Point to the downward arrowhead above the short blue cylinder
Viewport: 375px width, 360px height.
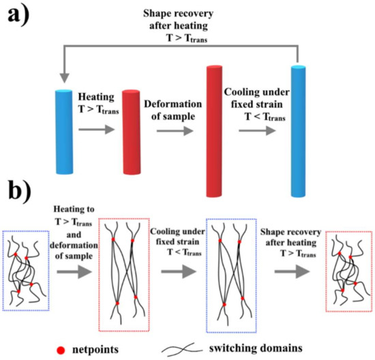pyautogui.click(x=62, y=80)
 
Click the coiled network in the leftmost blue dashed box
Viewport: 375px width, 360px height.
pyautogui.click(x=26, y=270)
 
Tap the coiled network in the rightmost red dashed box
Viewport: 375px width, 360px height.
pyautogui.click(x=348, y=270)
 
